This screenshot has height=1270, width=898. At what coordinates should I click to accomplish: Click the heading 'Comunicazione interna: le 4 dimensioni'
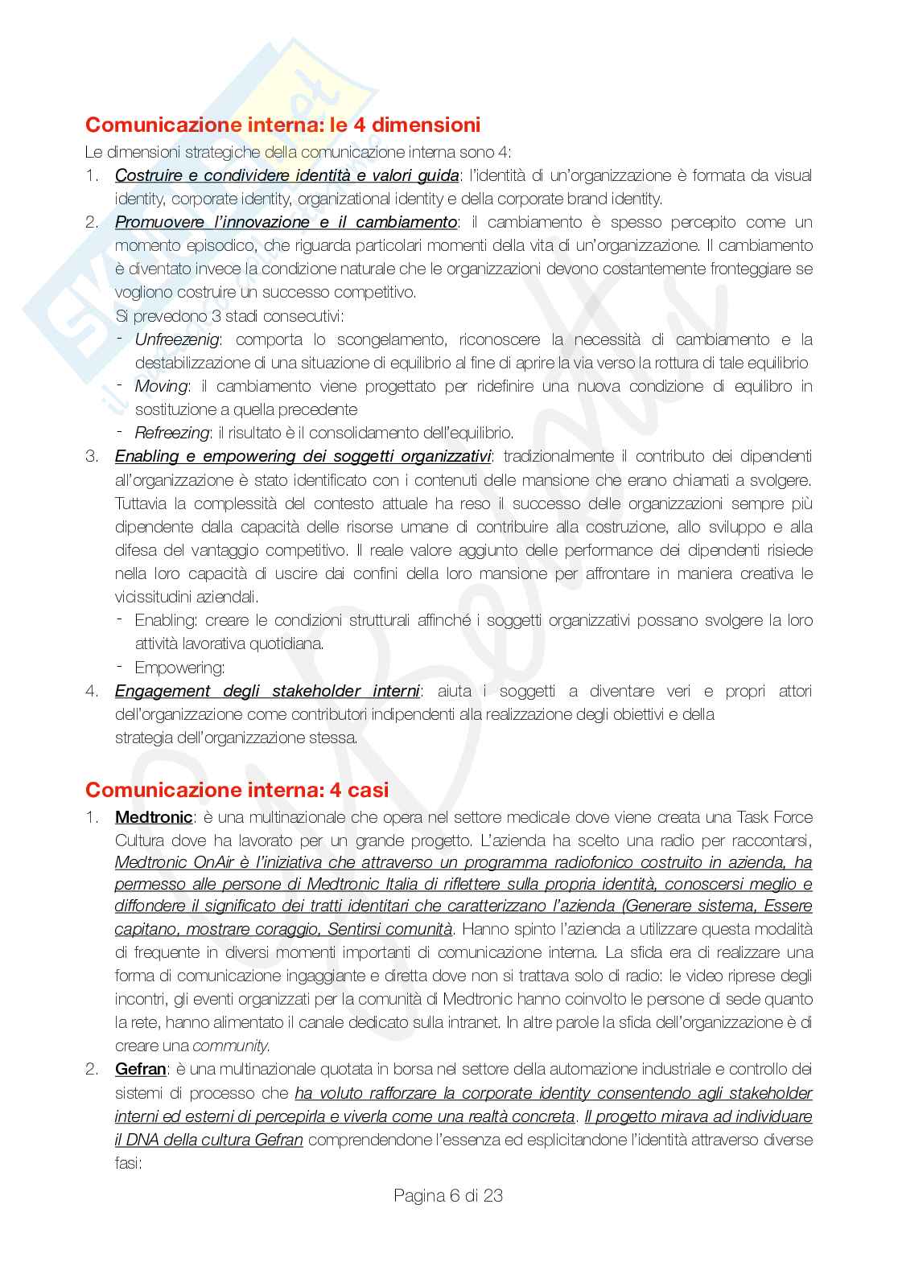click(282, 125)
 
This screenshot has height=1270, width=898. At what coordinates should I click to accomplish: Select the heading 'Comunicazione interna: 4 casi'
click(237, 790)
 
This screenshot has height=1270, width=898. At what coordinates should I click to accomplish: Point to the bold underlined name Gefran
click(141, 1069)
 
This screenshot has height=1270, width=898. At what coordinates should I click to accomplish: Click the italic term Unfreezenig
click(176, 339)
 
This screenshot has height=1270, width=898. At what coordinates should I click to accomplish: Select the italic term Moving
click(161, 386)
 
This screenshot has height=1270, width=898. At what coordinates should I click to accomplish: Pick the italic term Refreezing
click(171, 433)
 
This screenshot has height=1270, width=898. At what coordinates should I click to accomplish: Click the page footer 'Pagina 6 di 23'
click(448, 1195)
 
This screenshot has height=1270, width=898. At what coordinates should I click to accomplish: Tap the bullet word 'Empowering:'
click(179, 668)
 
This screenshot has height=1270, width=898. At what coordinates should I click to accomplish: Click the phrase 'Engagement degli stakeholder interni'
click(267, 691)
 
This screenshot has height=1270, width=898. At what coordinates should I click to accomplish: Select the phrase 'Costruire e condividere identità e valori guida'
click(286, 175)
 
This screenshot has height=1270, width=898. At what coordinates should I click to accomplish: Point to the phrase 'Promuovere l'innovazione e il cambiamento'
click(286, 222)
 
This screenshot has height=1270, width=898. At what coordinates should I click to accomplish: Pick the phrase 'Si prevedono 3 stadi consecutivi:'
click(230, 315)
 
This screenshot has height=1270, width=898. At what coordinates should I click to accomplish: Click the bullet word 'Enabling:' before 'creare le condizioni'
click(166, 620)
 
